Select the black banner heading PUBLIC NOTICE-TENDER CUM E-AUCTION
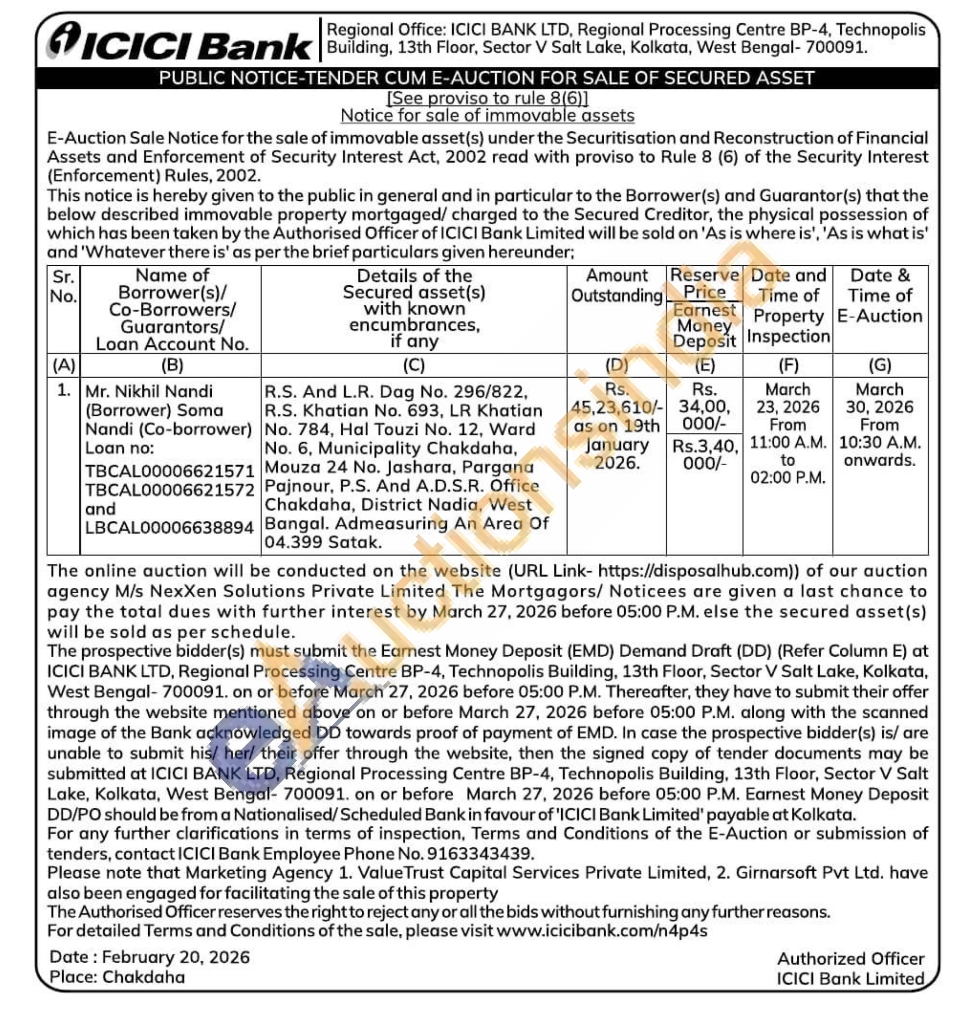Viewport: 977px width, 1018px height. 486,78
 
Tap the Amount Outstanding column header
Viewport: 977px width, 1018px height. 617,286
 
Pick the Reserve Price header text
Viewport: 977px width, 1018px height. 704,283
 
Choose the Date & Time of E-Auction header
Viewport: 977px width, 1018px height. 880,296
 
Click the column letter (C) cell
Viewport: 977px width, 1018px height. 414,365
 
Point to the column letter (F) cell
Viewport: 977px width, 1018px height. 788,365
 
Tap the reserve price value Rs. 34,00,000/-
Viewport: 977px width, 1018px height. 704,407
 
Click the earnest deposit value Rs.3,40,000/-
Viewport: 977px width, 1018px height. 705,454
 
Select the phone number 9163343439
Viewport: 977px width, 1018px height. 479,853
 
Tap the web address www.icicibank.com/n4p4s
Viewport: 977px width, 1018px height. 602,930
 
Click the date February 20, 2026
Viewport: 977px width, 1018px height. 176,957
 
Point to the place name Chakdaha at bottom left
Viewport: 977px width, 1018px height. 144,977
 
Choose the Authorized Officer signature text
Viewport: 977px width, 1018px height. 851,959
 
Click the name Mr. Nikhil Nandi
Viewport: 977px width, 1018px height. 149,391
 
